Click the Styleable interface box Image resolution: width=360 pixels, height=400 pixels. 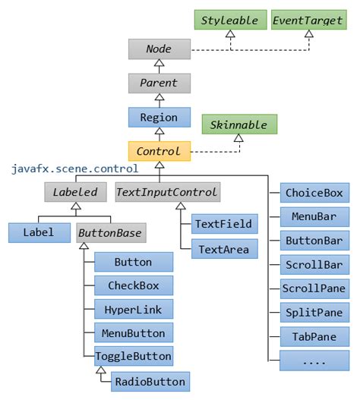click(x=231, y=20)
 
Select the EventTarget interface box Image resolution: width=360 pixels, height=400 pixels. click(x=309, y=20)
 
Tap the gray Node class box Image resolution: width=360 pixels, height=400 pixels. click(x=159, y=49)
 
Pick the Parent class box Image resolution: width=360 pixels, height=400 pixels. click(x=159, y=83)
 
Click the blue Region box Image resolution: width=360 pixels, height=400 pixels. click(x=159, y=118)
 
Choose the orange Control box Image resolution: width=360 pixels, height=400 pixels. click(x=159, y=151)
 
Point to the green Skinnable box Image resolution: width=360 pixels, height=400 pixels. click(x=239, y=124)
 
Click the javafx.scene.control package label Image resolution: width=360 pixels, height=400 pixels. click(x=74, y=169)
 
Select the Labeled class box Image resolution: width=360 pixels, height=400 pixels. click(x=76, y=192)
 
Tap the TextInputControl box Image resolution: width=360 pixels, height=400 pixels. click(x=168, y=192)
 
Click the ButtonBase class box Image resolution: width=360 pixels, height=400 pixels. click(x=112, y=233)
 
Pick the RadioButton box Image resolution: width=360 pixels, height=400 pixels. click(x=150, y=382)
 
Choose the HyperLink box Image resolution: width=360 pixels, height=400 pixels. click(x=134, y=309)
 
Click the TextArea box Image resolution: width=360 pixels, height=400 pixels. click(x=225, y=249)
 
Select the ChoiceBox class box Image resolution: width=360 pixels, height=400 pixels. click(x=314, y=193)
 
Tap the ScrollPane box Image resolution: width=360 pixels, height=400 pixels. click(x=314, y=288)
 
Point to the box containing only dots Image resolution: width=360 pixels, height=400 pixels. click(x=314, y=361)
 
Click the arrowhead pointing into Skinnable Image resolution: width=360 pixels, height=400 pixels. click(x=238, y=137)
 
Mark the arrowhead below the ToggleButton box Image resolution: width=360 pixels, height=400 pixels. click(x=101, y=370)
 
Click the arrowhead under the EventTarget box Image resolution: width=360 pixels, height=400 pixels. click(x=309, y=33)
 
